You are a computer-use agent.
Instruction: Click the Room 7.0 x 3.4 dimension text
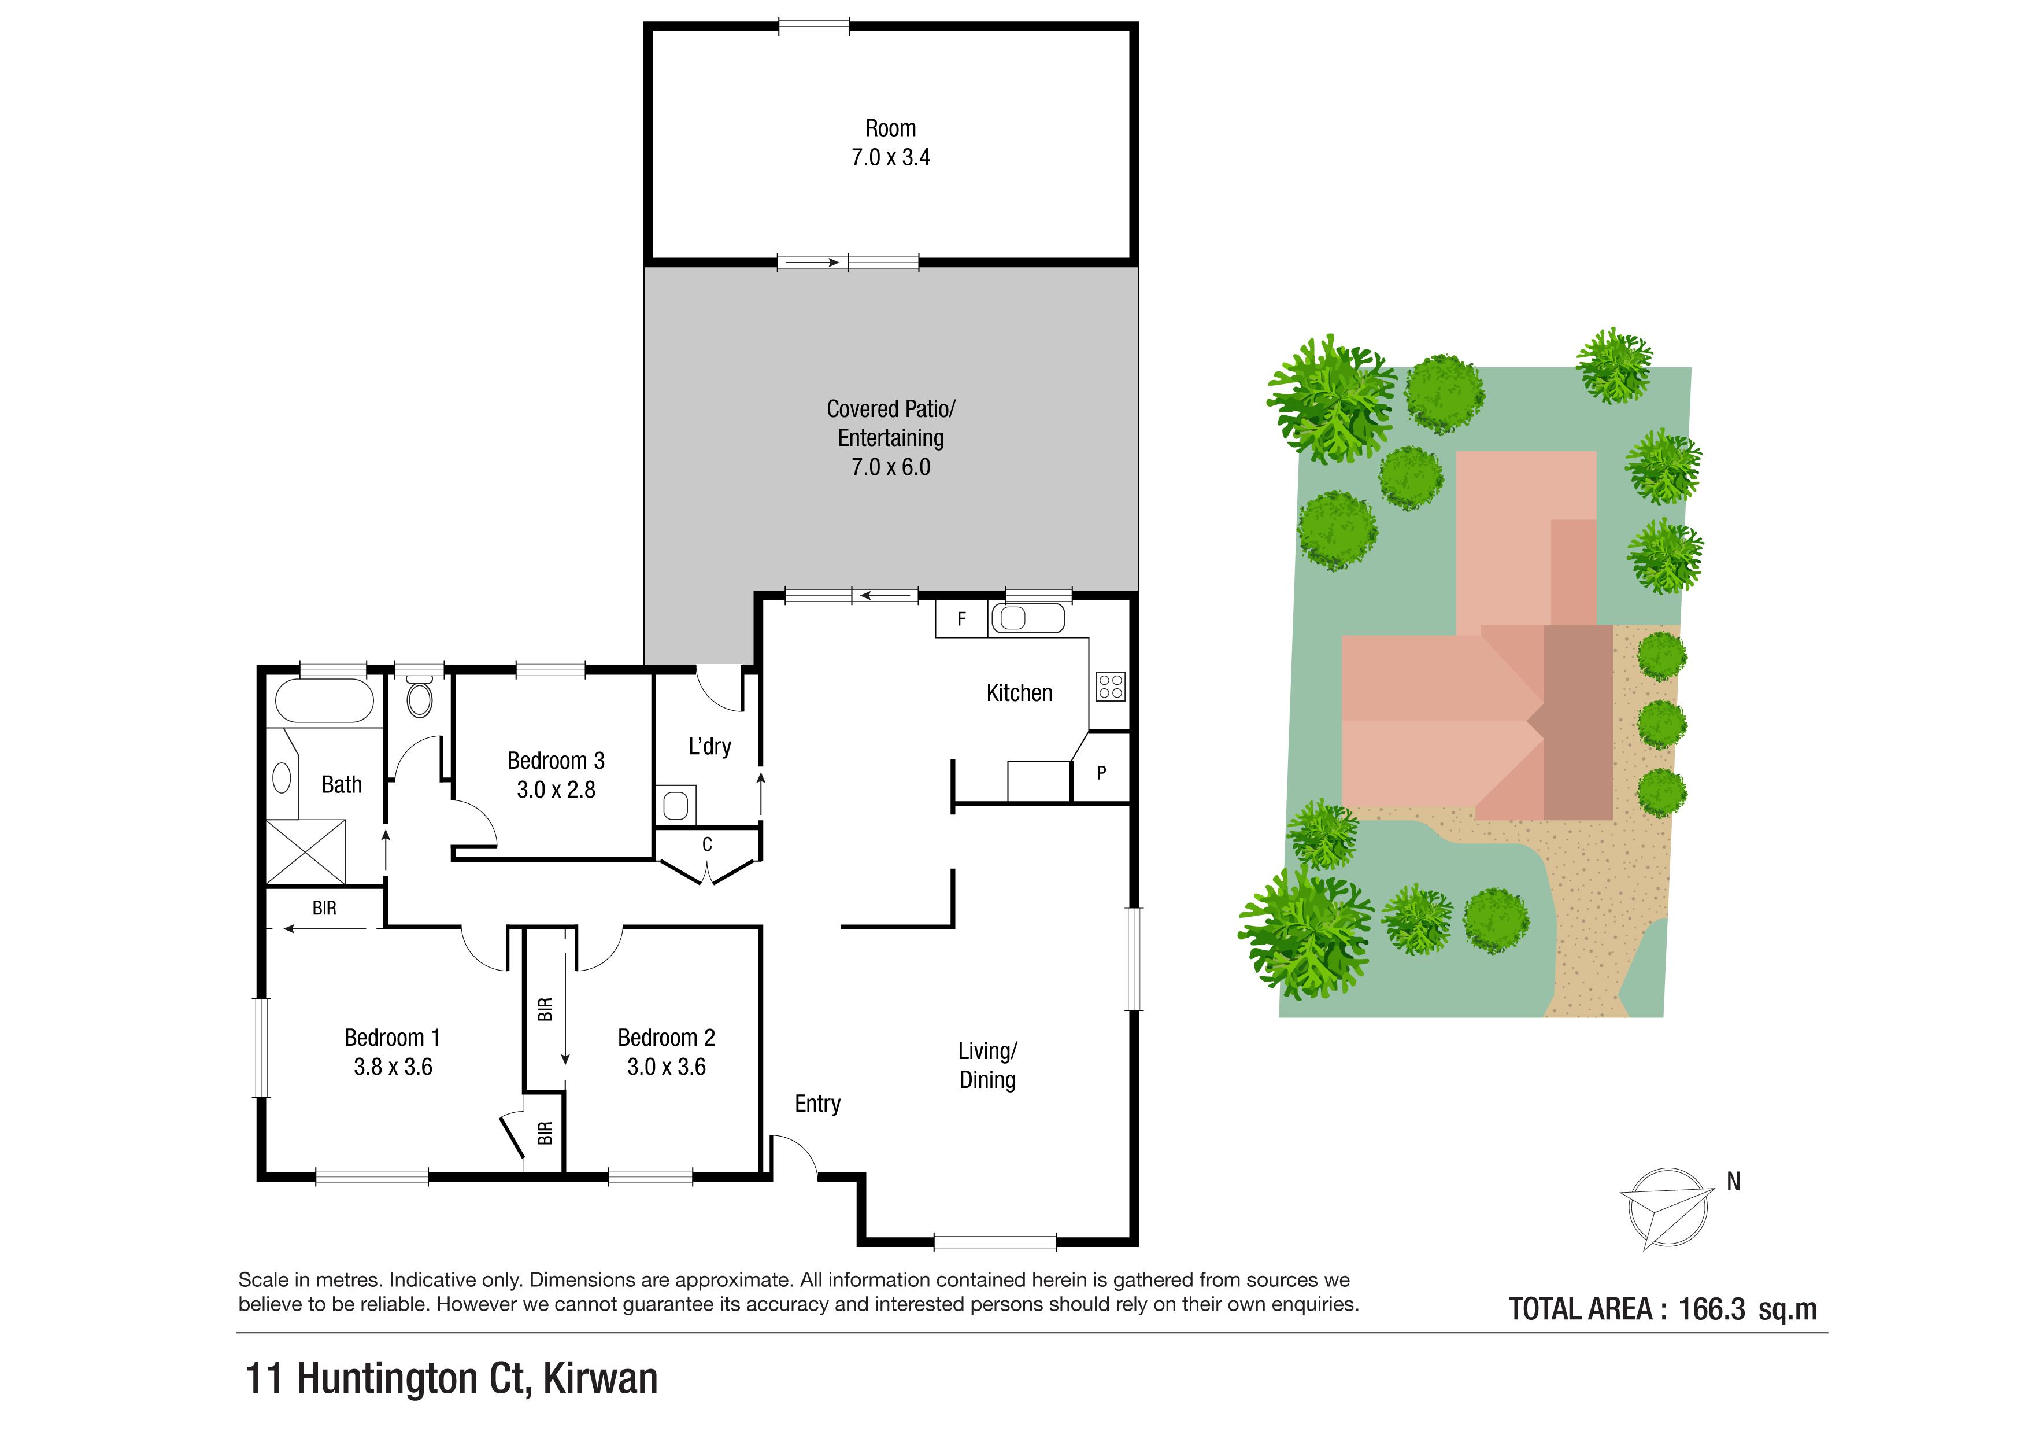[890, 157]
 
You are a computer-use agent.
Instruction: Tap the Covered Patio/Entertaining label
[890, 423]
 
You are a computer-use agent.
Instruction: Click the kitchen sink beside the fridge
[1027, 618]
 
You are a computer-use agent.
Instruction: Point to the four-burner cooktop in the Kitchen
[1111, 686]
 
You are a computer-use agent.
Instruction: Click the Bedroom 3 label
[556, 761]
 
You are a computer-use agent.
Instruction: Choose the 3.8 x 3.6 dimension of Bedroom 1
[393, 1067]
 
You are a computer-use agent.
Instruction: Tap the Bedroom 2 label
[666, 1038]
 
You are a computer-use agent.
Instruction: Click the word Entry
[817, 1104]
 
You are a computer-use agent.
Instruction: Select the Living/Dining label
[987, 1065]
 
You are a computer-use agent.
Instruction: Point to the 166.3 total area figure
[1711, 1309]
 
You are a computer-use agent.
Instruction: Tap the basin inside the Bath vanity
[282, 779]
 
